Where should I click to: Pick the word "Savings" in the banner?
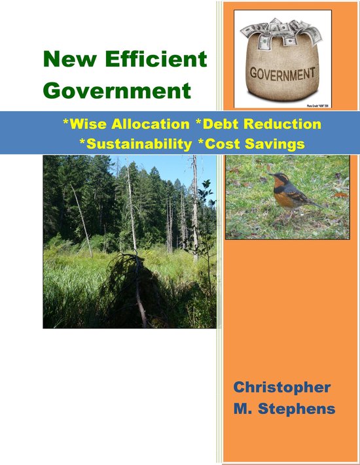click(276, 144)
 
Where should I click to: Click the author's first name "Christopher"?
click(282, 387)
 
